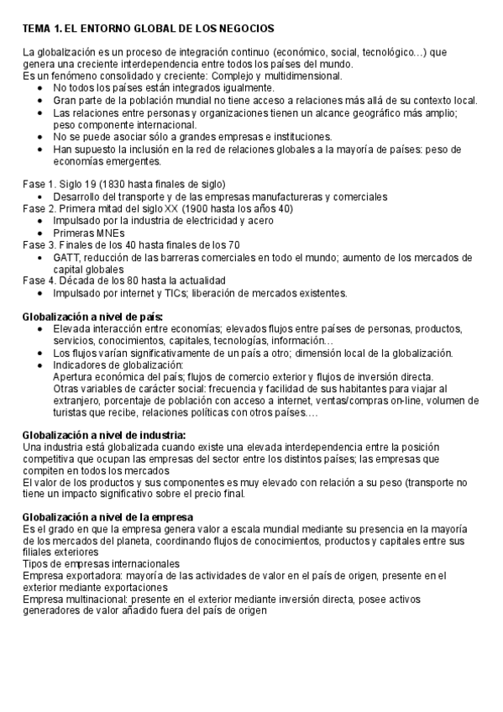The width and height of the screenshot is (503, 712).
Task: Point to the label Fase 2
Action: pyautogui.click(x=39, y=209)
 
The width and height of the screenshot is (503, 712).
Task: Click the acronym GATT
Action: pyautogui.click(x=67, y=257)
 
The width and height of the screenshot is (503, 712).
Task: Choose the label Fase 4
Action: pyautogui.click(x=39, y=280)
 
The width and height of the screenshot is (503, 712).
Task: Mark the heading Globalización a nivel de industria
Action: pyautogui.click(x=104, y=435)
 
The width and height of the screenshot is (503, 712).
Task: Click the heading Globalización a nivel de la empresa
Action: pyautogui.click(x=107, y=516)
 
